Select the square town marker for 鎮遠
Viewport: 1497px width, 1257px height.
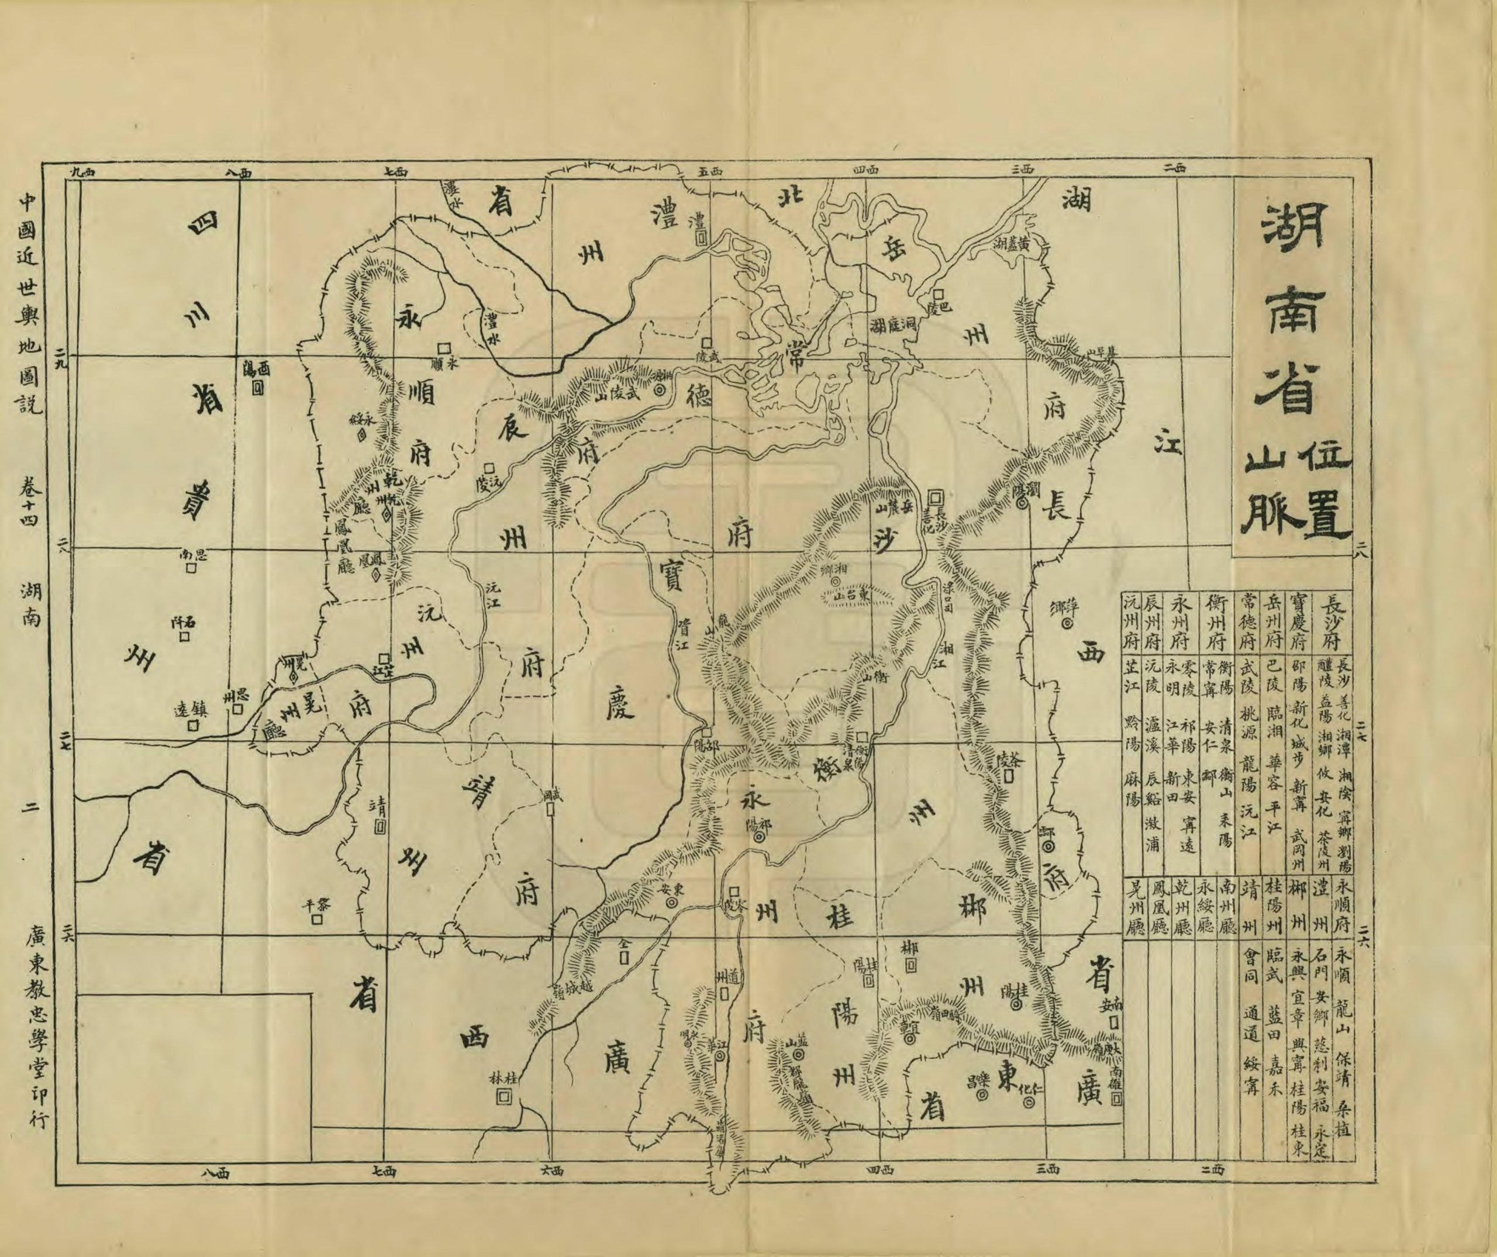(x=192, y=726)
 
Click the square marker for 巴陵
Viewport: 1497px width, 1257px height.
(x=939, y=293)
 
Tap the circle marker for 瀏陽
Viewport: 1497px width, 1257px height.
(x=1022, y=503)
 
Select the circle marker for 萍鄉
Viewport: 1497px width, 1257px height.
(x=1067, y=625)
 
